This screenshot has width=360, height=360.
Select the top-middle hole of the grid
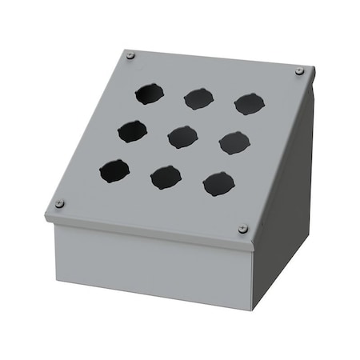click(197, 98)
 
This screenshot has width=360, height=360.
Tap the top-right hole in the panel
click(249, 103)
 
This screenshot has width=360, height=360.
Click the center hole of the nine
click(182, 135)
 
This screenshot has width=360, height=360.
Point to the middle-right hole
click(234, 142)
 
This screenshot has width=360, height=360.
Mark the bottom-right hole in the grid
click(218, 184)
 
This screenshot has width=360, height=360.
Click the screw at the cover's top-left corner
click(131, 56)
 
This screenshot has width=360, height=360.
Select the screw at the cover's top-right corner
click(299, 70)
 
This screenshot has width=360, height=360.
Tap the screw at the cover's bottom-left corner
click(59, 204)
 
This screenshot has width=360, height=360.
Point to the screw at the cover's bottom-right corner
click(242, 230)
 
